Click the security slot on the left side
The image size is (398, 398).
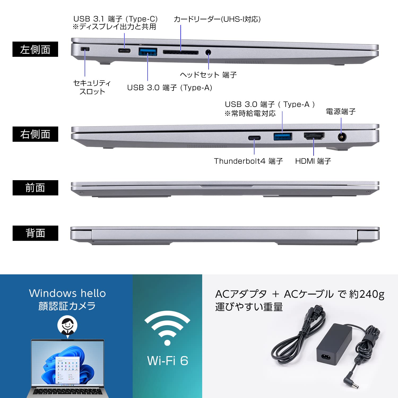(85, 49)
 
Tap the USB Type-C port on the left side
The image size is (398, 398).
(124, 51)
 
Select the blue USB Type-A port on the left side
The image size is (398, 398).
(148, 51)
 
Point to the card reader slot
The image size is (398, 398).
(180, 52)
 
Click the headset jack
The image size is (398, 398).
(209, 52)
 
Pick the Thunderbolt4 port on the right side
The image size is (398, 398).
(254, 138)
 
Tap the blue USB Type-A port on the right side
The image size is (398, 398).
(283, 137)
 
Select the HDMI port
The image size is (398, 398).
(314, 136)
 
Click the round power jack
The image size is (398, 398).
(341, 137)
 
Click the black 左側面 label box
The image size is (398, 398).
(35, 49)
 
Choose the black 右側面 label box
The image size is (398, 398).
(35, 134)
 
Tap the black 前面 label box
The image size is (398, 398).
(35, 188)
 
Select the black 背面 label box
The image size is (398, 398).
(35, 233)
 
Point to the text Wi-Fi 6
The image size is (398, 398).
(168, 361)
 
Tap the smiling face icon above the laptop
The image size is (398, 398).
(67, 325)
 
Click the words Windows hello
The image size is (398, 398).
(67, 293)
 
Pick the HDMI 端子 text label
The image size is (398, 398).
(313, 161)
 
